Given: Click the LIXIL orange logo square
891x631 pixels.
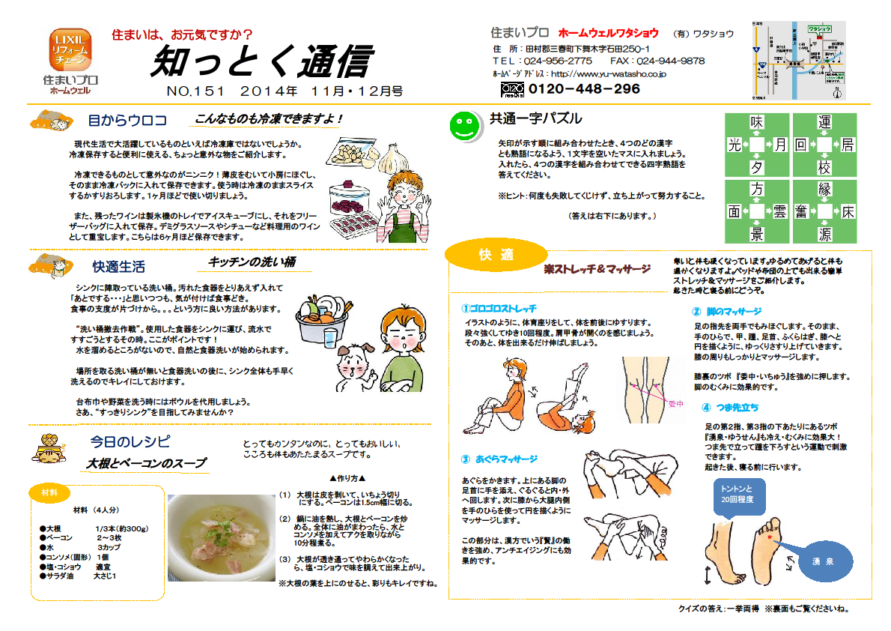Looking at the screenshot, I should (x=70, y=49).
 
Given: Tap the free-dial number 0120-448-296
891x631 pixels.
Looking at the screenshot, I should (x=584, y=89).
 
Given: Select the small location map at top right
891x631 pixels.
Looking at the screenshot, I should (x=798, y=60).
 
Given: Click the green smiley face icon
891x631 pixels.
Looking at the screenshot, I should (x=465, y=124).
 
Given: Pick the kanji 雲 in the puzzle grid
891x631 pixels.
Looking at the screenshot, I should (x=779, y=212).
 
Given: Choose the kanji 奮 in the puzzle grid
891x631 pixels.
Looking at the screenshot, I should (x=800, y=212).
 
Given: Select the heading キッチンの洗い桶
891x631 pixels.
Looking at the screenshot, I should (x=252, y=262).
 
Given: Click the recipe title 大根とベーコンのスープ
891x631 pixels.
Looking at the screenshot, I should (x=146, y=463).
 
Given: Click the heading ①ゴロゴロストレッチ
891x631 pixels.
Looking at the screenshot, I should (x=499, y=308).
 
